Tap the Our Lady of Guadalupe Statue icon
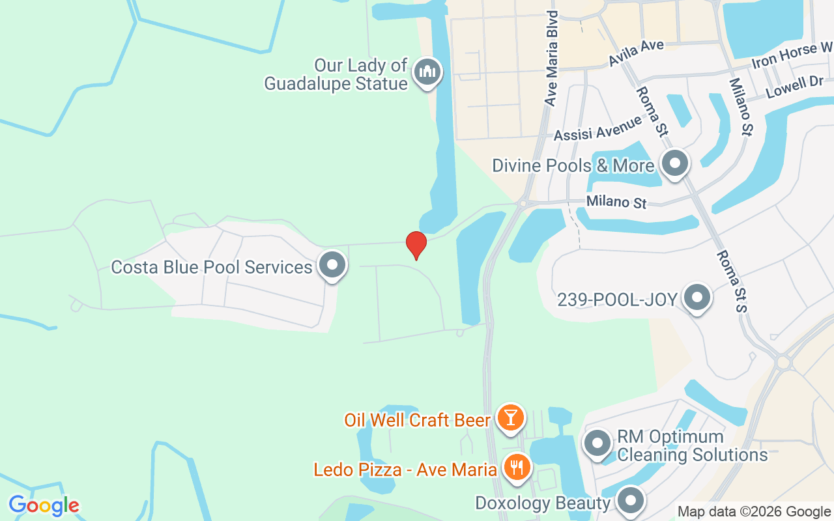click(x=427, y=72)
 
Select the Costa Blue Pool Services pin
click(x=332, y=265)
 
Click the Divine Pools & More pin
click(x=675, y=163)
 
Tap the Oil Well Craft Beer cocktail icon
click(x=510, y=417)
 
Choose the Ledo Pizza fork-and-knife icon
click(x=517, y=467)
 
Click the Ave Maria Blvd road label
click(x=552, y=59)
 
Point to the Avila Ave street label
click(x=636, y=53)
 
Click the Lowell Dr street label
click(x=795, y=87)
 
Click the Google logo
click(x=44, y=505)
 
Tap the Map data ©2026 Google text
click(x=754, y=512)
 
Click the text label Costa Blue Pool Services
click(x=212, y=267)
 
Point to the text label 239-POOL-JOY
click(x=617, y=300)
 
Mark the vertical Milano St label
click(x=741, y=107)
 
